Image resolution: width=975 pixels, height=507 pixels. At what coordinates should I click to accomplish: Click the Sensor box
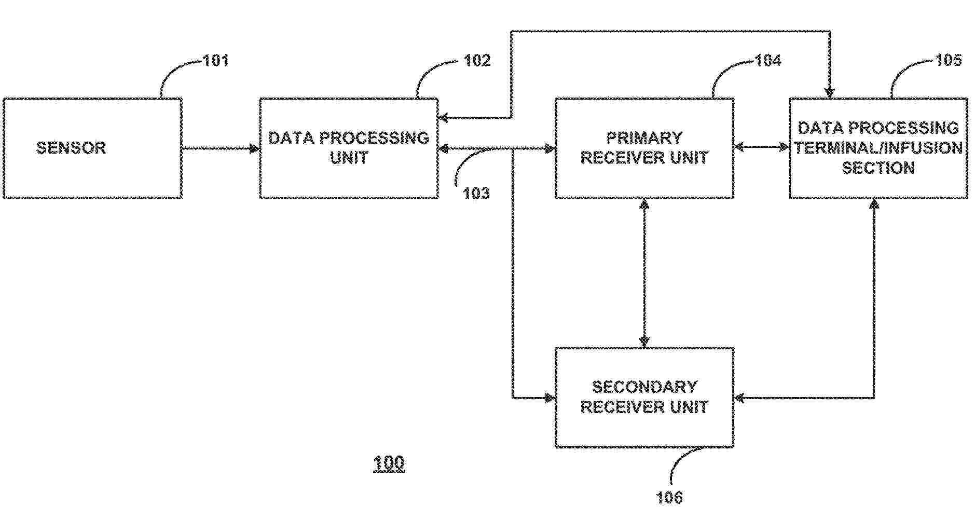(x=92, y=148)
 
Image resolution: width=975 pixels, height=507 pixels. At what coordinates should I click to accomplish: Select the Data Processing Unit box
(x=349, y=148)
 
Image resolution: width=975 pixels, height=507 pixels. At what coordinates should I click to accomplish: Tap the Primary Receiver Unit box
(x=644, y=148)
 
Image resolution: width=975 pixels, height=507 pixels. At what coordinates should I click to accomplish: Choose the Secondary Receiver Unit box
(x=644, y=397)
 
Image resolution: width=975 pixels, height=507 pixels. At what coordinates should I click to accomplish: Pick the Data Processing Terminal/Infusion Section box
(x=878, y=148)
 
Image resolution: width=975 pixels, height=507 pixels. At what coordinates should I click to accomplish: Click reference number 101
(x=215, y=61)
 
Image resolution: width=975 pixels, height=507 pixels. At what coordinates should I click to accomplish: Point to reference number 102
(x=477, y=61)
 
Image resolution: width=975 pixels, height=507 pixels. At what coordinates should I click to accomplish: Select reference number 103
(x=476, y=193)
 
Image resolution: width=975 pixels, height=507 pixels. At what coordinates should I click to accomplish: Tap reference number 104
(x=767, y=61)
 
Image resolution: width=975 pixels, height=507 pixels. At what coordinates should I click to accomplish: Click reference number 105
(x=948, y=60)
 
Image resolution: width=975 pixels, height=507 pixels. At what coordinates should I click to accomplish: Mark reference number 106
(x=669, y=498)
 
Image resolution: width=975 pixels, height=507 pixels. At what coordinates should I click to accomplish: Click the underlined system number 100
(x=389, y=462)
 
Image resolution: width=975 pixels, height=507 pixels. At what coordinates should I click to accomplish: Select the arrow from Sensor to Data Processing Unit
(x=221, y=149)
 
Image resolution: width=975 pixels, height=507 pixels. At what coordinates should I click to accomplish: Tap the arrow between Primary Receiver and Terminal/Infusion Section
(x=761, y=147)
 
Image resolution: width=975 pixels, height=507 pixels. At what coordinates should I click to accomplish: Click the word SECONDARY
(x=644, y=387)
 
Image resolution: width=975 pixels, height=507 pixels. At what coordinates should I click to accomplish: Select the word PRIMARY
(x=644, y=138)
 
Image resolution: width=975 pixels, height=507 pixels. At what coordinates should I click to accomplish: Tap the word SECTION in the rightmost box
(x=878, y=168)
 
